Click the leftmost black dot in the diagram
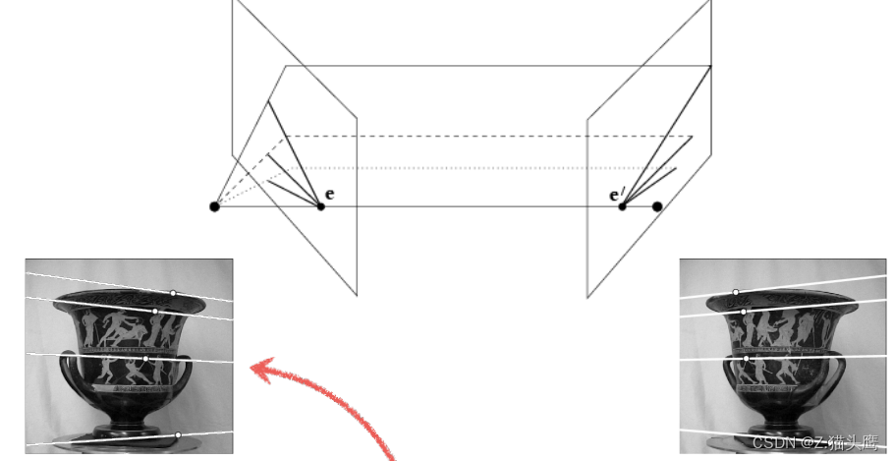coord(214,206)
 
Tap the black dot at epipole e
coord(320,206)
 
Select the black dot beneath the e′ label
coord(622,206)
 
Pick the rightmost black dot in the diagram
coord(657,206)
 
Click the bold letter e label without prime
coord(329,194)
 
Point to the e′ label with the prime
coord(615,196)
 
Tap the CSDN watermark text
coord(815,442)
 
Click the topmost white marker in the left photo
coord(173,293)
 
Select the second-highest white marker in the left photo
coord(155,312)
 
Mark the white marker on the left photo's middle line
coord(145,359)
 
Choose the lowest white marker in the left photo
coord(178,435)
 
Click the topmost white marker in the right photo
coord(736,292)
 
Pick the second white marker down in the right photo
coord(744,312)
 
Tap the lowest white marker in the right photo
coord(747,359)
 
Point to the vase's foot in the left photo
coord(129,432)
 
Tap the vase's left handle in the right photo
coord(728,374)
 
